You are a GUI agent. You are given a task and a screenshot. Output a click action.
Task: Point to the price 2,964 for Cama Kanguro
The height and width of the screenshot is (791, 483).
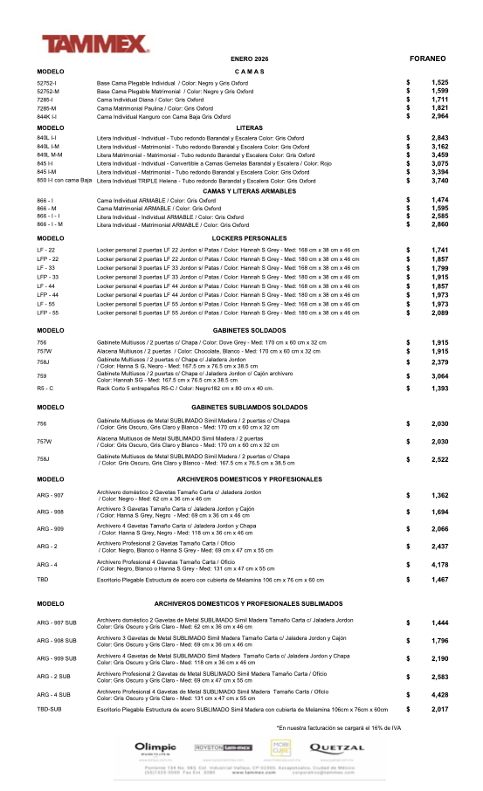tap(439, 116)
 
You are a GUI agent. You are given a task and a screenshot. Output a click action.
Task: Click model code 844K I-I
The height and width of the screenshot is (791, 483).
tap(47, 116)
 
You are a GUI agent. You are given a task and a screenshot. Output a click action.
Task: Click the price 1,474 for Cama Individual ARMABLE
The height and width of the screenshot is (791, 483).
tap(439, 201)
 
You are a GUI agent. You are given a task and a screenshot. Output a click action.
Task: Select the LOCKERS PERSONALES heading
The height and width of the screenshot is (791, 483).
tap(250, 238)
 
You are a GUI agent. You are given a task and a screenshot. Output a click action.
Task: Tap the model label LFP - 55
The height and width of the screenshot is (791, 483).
tap(48, 312)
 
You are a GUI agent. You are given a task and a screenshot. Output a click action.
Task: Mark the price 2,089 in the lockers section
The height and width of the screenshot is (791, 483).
tap(439, 312)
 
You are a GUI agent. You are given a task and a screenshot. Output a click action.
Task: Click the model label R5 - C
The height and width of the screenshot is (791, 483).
tap(45, 388)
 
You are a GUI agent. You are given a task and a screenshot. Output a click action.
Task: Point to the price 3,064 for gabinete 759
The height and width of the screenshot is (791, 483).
tap(439, 375)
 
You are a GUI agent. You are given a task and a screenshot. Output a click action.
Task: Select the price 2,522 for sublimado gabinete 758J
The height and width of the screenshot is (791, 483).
tap(439, 459)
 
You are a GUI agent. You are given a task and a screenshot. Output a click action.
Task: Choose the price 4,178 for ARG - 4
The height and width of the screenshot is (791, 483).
tap(439, 565)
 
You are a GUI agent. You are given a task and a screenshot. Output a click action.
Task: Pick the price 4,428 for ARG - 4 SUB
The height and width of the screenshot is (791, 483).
tap(439, 695)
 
